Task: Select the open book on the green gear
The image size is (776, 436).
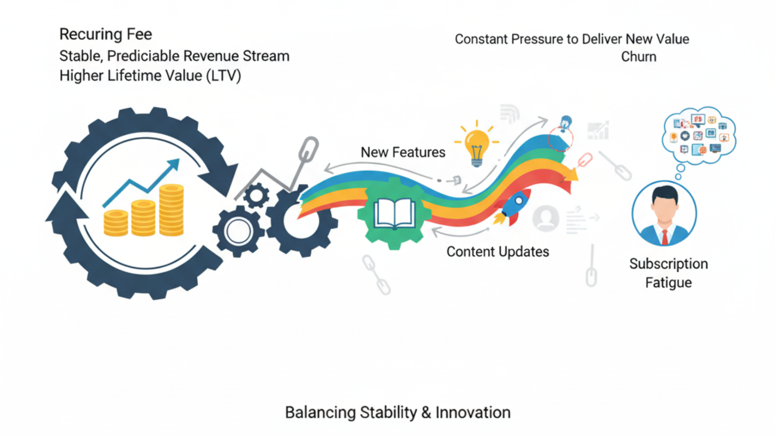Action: (394, 214)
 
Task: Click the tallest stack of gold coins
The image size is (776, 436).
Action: (171, 210)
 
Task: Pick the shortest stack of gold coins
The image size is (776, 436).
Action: (116, 223)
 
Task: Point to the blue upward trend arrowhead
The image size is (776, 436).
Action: (174, 164)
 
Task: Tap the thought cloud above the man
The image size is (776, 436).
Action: (699, 136)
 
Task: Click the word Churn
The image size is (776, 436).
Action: (639, 57)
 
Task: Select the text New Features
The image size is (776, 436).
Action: (403, 152)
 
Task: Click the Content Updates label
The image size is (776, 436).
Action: (498, 252)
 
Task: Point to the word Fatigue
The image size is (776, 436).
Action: (668, 283)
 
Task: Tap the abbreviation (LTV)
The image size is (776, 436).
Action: (224, 76)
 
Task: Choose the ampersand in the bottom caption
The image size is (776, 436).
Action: (426, 413)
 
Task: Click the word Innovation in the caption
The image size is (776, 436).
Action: (473, 413)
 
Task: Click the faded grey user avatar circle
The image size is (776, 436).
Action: (546, 218)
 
